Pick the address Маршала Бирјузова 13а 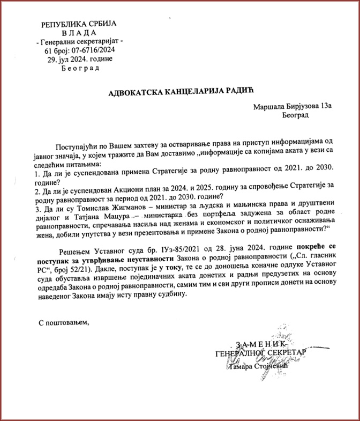pos(293,107)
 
